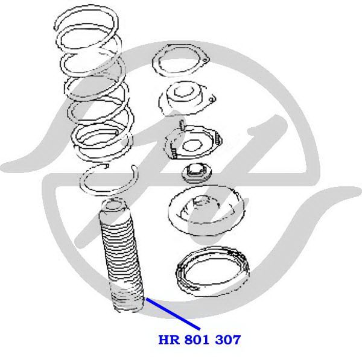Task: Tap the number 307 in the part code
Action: tap(228, 340)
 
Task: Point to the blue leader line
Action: tap(173, 314)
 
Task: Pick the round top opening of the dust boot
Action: tap(112, 204)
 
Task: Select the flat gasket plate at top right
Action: tap(180, 60)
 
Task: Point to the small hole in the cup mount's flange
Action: tap(211, 99)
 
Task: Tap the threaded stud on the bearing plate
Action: tap(182, 126)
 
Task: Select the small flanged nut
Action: tap(197, 172)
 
